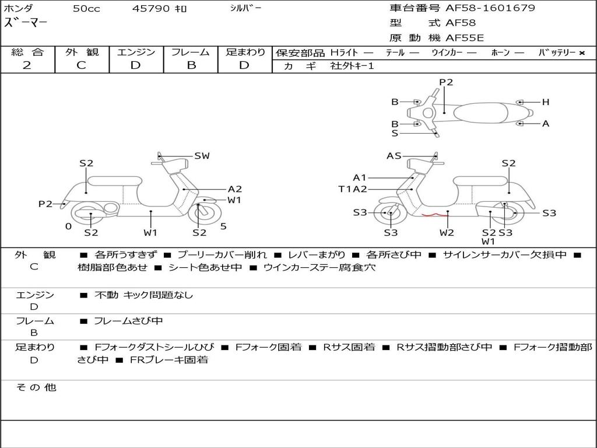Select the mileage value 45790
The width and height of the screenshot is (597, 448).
[150, 9]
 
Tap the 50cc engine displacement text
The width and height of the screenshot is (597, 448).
[86, 9]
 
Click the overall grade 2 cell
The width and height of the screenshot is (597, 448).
[27, 65]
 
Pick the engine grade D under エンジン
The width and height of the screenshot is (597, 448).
[135, 65]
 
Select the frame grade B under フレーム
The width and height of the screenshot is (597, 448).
[191, 65]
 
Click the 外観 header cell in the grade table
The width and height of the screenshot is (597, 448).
[82, 52]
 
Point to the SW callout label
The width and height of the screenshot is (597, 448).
[202, 156]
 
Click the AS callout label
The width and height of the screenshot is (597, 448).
[394, 156]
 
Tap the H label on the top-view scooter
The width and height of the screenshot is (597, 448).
[546, 102]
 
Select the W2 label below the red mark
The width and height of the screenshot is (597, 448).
[447, 233]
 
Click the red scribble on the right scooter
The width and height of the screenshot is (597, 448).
[435, 215]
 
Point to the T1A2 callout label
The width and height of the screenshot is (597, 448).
[353, 189]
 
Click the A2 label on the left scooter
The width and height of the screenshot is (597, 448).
[234, 189]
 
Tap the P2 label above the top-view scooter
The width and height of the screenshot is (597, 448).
[446, 82]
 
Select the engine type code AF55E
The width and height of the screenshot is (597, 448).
[465, 38]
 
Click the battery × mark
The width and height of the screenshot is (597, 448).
[582, 52]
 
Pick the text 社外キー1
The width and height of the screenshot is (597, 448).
[352, 66]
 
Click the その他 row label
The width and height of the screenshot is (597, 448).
[36, 387]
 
